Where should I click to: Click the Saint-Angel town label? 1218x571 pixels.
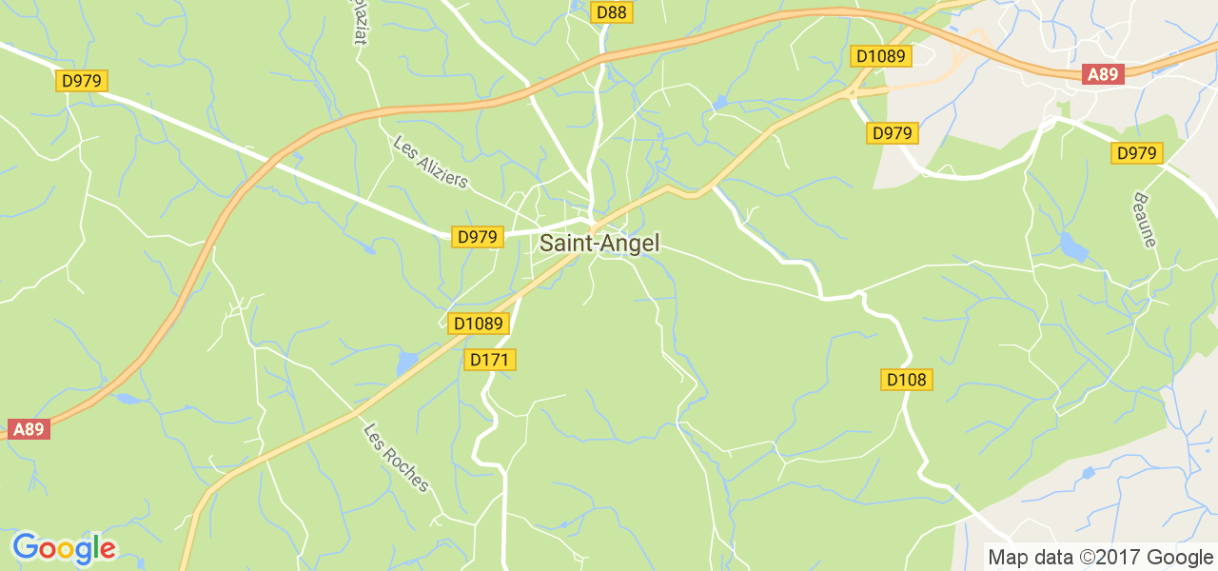pyautogui.click(x=599, y=243)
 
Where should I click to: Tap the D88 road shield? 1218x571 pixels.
pyautogui.click(x=612, y=12)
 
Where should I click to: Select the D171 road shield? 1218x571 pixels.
pyautogui.click(x=491, y=360)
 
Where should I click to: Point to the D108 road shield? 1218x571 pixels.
pyautogui.click(x=906, y=381)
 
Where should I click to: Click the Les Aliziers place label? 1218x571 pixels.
pyautogui.click(x=431, y=162)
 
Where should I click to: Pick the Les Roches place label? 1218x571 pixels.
pyautogui.click(x=397, y=458)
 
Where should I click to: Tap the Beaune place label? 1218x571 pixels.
pyautogui.click(x=1144, y=220)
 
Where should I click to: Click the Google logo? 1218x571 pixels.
pyautogui.click(x=64, y=548)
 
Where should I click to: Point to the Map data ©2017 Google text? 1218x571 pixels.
pyautogui.click(x=1100, y=558)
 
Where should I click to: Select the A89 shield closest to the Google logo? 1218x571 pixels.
pyautogui.click(x=29, y=429)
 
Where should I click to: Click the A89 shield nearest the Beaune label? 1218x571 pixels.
pyautogui.click(x=1104, y=75)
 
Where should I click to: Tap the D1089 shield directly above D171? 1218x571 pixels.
pyautogui.click(x=478, y=324)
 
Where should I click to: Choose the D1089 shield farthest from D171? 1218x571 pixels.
pyautogui.click(x=880, y=56)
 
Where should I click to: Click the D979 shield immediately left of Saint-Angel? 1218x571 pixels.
pyautogui.click(x=477, y=237)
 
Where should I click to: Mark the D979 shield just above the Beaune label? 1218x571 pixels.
pyautogui.click(x=1136, y=153)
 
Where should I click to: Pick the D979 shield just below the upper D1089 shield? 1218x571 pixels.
pyautogui.click(x=893, y=133)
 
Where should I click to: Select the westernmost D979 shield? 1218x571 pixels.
pyautogui.click(x=81, y=81)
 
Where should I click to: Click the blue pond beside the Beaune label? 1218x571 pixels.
pyautogui.click(x=1072, y=247)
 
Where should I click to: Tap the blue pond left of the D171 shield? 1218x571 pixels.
pyautogui.click(x=407, y=363)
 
